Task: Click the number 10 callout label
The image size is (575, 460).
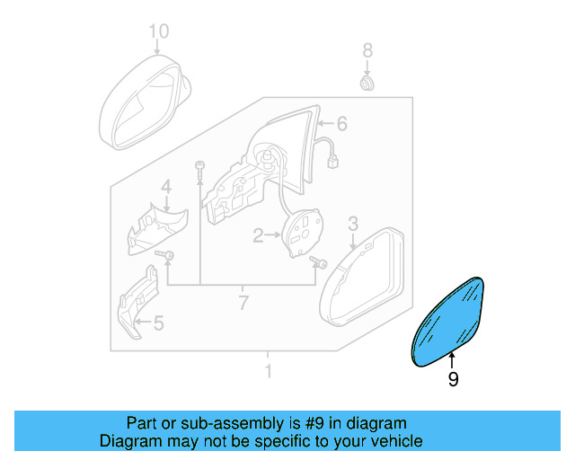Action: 158,32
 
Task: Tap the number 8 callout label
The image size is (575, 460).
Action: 367,49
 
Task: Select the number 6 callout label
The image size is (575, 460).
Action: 342,123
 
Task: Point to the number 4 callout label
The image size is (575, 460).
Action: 166,187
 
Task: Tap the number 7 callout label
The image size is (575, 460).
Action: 242,303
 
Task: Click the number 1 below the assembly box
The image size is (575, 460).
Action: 267,370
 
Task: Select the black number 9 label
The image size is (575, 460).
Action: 453,380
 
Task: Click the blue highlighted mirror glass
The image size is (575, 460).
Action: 450,319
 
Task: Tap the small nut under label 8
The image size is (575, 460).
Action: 367,84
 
